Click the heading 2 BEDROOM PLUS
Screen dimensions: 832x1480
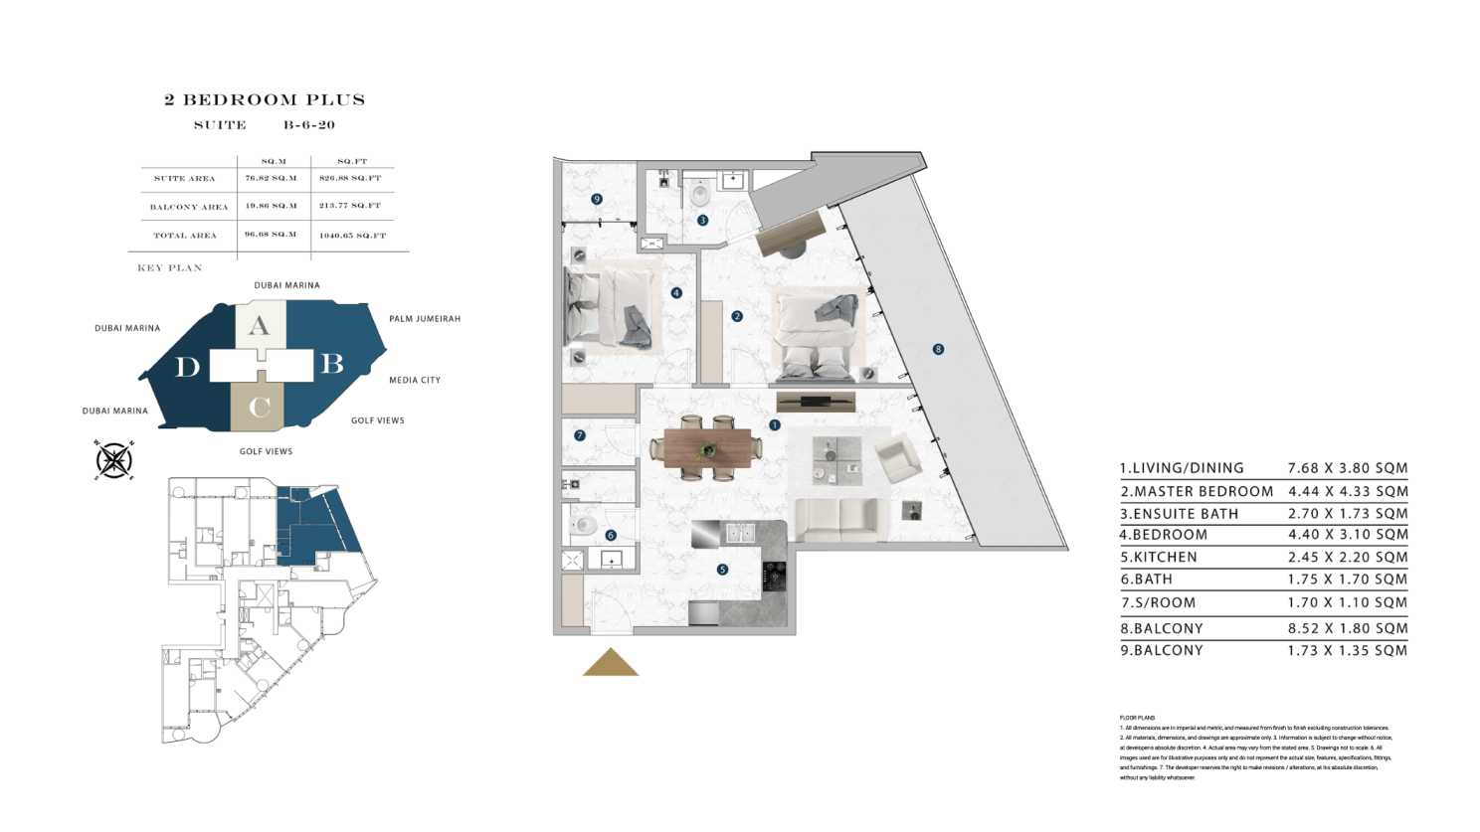pos(265,99)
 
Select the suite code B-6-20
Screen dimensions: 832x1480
pos(309,125)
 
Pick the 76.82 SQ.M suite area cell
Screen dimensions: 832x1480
pos(272,178)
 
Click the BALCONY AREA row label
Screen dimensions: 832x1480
pos(189,207)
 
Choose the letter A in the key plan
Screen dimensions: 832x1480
pos(259,325)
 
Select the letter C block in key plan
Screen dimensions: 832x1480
pos(259,407)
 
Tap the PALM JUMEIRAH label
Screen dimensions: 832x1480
pos(425,319)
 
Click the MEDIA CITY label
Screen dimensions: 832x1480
pos(415,380)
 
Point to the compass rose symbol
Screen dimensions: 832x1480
pos(114,460)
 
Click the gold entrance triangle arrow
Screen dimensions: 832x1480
pos(610,663)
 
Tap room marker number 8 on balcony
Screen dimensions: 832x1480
pos(938,349)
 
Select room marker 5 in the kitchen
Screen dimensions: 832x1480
pos(722,570)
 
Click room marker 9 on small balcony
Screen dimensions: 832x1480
pos(597,199)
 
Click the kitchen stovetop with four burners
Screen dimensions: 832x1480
pos(775,575)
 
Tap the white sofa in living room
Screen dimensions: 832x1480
pos(840,520)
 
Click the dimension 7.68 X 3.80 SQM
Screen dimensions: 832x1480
pos(1348,467)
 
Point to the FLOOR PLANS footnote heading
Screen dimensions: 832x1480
pos(1137,718)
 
